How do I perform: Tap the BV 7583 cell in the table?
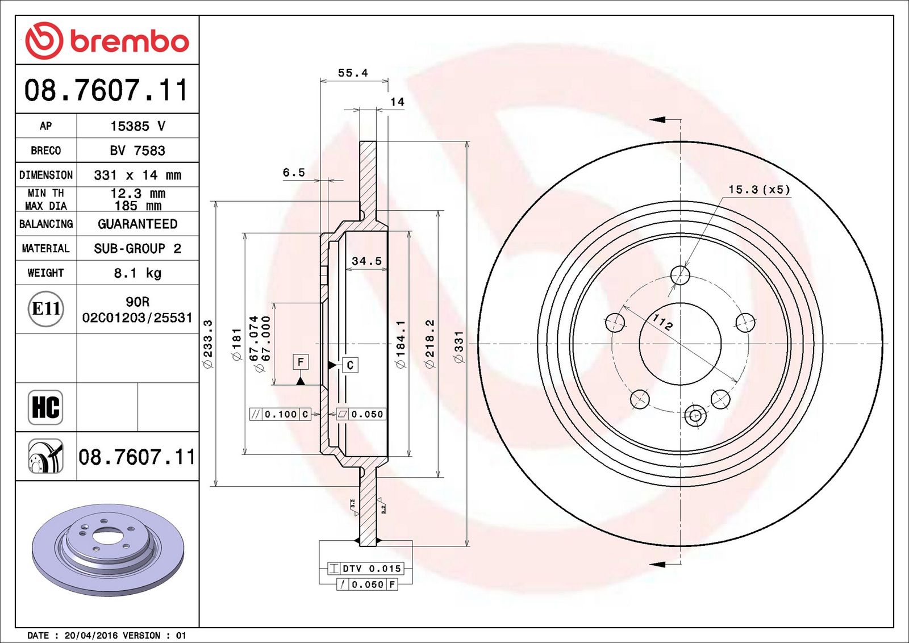137,151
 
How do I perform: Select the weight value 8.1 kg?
137,273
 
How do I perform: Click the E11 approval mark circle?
46,309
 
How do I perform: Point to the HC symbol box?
45,407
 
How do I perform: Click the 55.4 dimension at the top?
353,73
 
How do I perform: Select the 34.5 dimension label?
366,261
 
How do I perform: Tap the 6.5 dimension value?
294,173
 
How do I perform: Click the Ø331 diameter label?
459,347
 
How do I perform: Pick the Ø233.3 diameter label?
208,344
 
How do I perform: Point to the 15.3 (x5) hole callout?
759,190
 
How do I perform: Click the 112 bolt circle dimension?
662,323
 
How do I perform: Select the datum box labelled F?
301,362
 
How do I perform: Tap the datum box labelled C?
350,365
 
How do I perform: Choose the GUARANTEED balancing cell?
137,224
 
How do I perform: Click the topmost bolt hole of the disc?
680,275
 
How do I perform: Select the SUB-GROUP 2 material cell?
137,248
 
